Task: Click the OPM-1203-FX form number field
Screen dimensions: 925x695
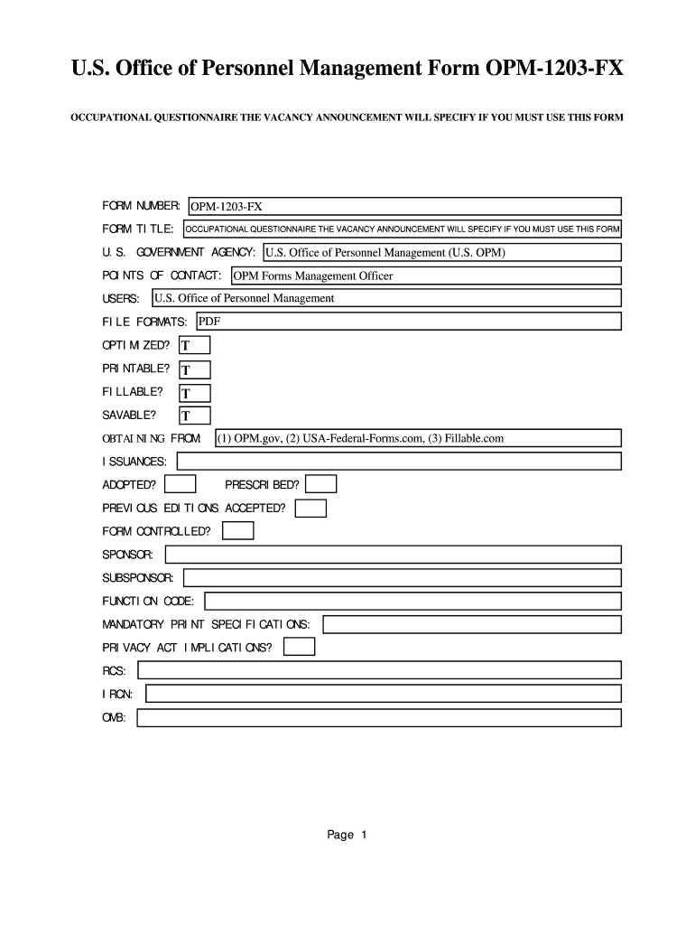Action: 404,207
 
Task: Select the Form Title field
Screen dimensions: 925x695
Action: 402,229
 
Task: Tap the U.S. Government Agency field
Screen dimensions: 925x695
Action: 441,252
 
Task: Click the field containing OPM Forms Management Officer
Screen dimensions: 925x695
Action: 425,276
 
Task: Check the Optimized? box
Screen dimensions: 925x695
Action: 194,345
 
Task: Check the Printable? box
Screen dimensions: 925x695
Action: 194,369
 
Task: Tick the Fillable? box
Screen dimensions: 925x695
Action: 194,393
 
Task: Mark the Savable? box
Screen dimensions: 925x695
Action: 194,416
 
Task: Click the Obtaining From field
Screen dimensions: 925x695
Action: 418,438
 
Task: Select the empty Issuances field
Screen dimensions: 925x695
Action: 399,462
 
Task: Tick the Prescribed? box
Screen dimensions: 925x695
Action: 321,485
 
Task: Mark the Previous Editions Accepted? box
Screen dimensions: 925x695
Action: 311,509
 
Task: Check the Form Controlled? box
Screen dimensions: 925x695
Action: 238,531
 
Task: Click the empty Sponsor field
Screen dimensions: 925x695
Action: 393,554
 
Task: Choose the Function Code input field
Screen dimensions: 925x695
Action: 413,601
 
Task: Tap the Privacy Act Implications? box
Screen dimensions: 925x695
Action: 299,647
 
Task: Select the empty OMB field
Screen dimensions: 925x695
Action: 379,718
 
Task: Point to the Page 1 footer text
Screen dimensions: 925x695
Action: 347,836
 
